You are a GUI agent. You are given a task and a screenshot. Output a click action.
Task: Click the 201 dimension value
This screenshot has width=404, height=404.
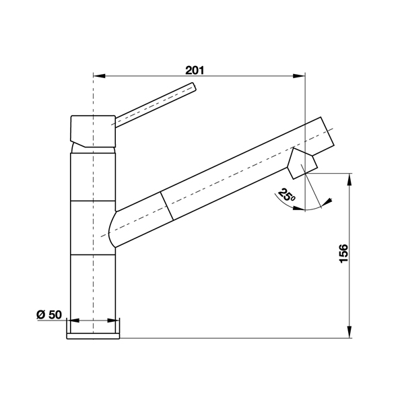click(195, 70)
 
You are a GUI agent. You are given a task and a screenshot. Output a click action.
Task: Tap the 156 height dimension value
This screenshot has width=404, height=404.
click(343, 254)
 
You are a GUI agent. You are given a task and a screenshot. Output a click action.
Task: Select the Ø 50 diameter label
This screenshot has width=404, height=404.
click(49, 315)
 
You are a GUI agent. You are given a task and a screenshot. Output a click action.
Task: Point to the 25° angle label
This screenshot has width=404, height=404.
click(286, 195)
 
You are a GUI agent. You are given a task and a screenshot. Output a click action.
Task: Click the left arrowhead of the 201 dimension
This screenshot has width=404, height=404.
click(99, 76)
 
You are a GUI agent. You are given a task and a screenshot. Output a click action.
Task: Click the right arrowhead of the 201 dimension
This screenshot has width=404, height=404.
click(299, 76)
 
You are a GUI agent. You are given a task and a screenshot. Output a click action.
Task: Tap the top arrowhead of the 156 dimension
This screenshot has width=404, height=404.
click(349, 179)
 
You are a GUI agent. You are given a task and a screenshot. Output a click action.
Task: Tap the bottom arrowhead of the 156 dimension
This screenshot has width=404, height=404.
click(349, 332)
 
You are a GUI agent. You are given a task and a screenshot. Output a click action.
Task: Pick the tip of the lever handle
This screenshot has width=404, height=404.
click(194, 86)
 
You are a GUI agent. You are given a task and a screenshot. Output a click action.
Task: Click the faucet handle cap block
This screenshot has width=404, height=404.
click(93, 131)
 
